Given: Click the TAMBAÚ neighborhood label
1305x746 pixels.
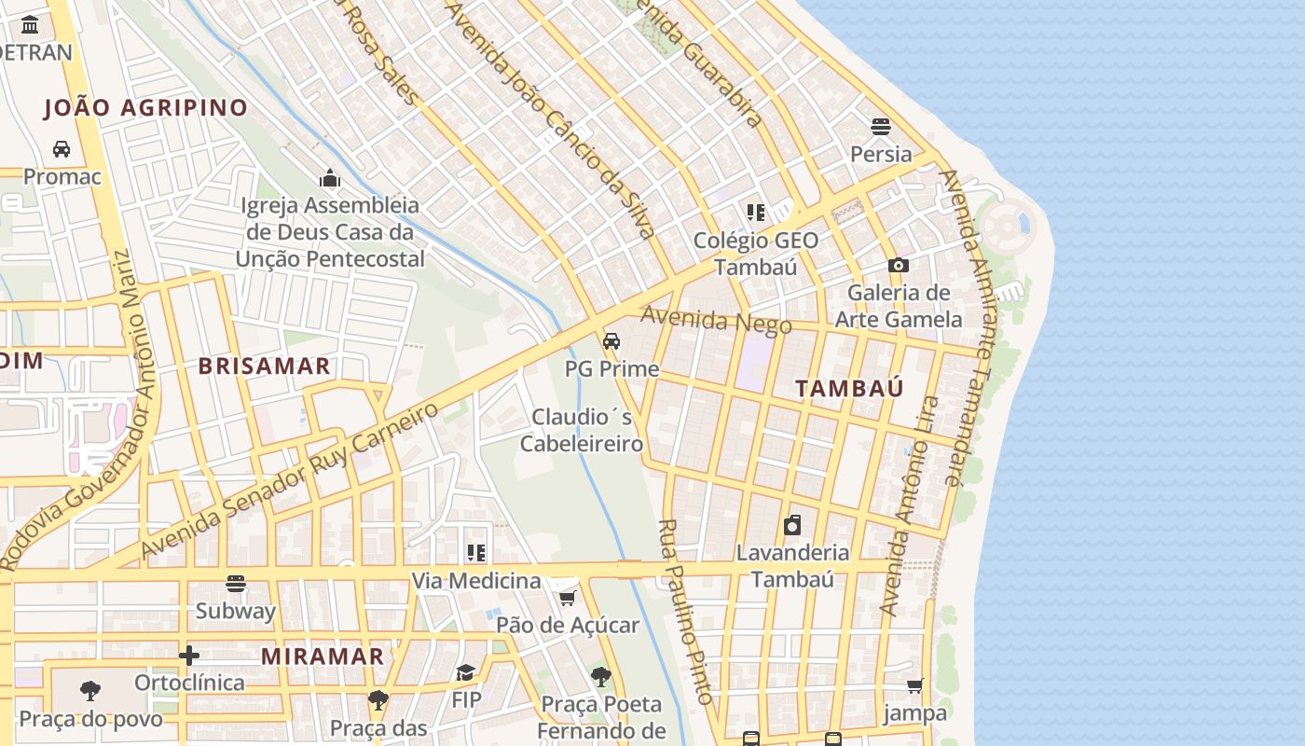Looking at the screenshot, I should click(x=849, y=389).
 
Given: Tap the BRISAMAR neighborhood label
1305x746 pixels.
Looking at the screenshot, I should click(x=264, y=366).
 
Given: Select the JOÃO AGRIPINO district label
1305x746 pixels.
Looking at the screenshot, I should click(x=146, y=108).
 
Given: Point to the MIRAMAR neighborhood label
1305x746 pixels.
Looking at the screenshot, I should click(x=323, y=656).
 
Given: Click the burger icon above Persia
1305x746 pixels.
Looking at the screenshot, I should click(x=881, y=126).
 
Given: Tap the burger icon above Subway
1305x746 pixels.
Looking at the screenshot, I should click(x=236, y=585).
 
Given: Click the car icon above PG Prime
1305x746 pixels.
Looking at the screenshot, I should click(x=611, y=341).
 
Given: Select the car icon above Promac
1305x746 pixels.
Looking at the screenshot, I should click(x=62, y=149).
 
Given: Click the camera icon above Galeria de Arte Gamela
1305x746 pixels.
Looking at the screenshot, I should click(x=898, y=266).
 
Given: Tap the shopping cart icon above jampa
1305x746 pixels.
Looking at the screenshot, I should click(x=914, y=686).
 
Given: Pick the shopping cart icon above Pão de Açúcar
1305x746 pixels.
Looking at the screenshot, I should click(x=567, y=598).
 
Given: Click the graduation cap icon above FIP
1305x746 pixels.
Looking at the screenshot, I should click(x=465, y=672).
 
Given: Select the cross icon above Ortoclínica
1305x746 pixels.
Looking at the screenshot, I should click(x=189, y=656).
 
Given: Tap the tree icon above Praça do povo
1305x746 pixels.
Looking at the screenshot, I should click(x=90, y=691).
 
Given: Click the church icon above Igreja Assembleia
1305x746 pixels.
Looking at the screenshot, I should click(x=329, y=178).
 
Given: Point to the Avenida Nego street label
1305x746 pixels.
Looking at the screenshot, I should click(x=716, y=320).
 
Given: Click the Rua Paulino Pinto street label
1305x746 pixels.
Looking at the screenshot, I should click(x=685, y=611).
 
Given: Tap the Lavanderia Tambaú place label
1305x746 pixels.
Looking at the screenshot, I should click(x=792, y=565).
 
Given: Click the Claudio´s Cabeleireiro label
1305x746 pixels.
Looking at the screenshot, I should click(x=582, y=430).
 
